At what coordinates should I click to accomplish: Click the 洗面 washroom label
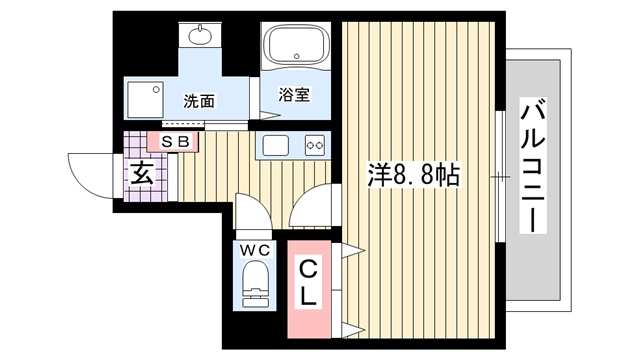point(199,101)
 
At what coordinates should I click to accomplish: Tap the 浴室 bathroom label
point(294,94)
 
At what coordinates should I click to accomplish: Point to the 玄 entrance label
point(142,173)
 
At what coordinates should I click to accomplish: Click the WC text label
point(255,250)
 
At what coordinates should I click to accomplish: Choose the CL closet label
point(309,282)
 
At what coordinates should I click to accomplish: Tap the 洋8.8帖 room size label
point(414,175)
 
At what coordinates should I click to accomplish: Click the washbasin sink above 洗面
point(200,36)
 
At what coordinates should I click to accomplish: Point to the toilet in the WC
point(256,284)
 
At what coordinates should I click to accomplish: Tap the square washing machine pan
point(145,100)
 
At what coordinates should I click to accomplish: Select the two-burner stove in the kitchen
point(315,145)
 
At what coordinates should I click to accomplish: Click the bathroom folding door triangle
point(270,115)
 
